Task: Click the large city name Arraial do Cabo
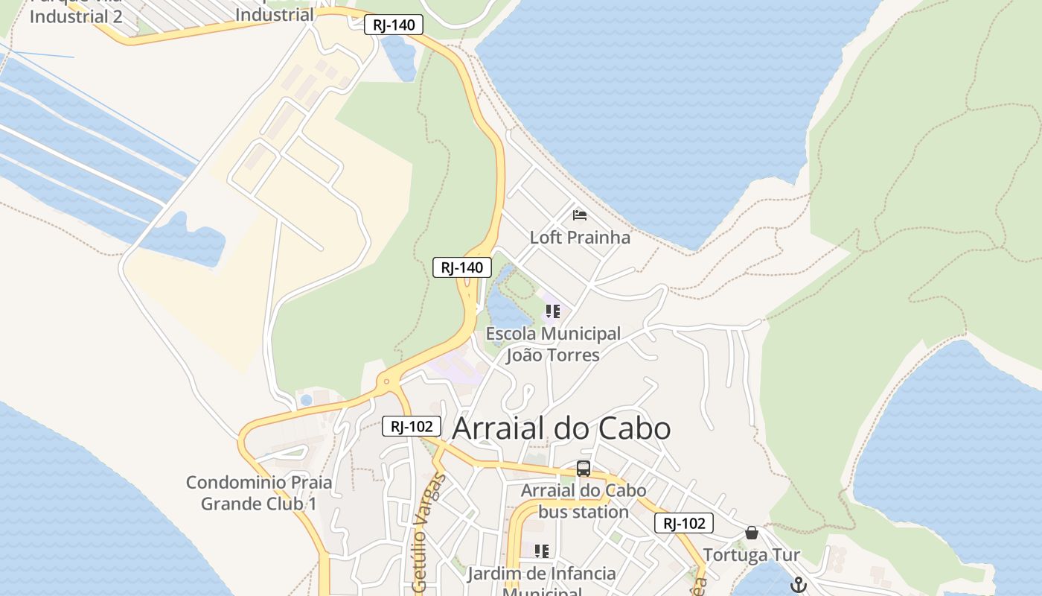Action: (561, 428)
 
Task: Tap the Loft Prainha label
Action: (580, 238)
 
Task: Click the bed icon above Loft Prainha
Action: (580, 216)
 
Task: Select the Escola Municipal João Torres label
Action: (553, 344)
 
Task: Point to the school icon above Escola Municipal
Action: (552, 311)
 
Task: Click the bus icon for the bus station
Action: (584, 469)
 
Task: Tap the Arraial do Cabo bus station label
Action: (584, 501)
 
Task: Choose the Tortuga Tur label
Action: (752, 555)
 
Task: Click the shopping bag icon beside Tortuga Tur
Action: (752, 533)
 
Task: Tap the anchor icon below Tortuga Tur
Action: (798, 585)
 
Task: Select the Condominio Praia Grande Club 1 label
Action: (259, 492)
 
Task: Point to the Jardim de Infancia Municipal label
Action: (542, 580)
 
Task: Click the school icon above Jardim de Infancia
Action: (542, 551)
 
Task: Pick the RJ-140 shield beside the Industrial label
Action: (394, 25)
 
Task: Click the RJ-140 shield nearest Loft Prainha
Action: (462, 267)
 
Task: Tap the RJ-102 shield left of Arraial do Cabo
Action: (412, 426)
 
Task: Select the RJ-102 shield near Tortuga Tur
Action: (684, 523)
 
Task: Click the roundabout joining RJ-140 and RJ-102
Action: (386, 382)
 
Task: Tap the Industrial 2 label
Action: (75, 16)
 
